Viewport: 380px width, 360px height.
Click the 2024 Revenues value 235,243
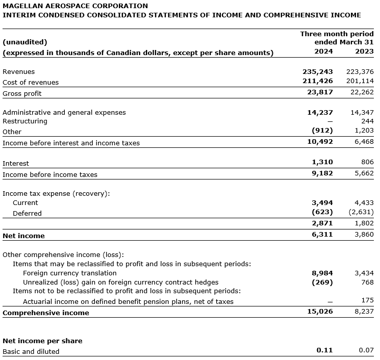pos(318,72)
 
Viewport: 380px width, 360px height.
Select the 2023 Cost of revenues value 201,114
pos(360,82)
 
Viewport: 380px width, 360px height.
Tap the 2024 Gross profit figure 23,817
pos(320,93)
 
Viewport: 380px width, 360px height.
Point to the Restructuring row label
pos(25,121)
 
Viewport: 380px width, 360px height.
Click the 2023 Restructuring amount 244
pos(367,121)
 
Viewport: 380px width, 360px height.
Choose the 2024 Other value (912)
pos(322,132)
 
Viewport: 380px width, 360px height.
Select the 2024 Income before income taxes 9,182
pos(322,174)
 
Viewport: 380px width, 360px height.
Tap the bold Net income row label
pos(23,236)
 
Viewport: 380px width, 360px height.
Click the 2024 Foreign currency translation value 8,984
pos(322,273)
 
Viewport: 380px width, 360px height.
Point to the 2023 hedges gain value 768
pos(367,282)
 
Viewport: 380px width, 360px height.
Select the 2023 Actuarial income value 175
pos(367,301)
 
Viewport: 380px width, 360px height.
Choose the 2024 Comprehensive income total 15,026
pos(320,312)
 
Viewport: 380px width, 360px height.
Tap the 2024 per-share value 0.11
pos(324,351)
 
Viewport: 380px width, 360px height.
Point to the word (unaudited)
pos(25,42)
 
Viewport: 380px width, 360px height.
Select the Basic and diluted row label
pos(31,351)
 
